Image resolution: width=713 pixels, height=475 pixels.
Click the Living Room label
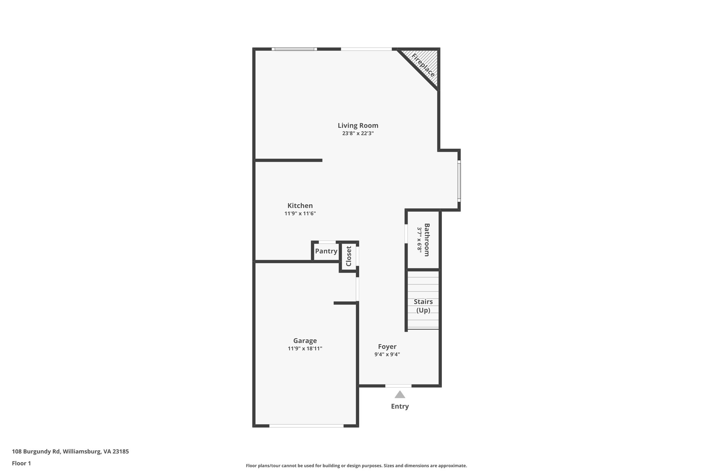coord(358,126)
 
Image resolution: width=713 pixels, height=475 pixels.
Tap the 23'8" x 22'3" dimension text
coord(358,133)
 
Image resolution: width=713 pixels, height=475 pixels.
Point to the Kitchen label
coord(300,206)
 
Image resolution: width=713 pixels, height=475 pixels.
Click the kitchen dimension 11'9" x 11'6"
coord(300,214)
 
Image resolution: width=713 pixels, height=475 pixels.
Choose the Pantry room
coord(326,251)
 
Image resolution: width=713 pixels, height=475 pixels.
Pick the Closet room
coord(348,256)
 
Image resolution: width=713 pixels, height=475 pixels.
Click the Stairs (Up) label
coord(423,306)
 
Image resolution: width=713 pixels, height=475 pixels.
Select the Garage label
coord(305,341)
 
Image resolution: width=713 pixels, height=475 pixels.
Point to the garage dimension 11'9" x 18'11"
coord(305,349)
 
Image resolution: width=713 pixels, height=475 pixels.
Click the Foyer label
coord(387,347)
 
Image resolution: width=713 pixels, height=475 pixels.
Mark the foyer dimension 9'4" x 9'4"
coord(387,355)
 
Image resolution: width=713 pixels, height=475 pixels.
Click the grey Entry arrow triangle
coord(400,395)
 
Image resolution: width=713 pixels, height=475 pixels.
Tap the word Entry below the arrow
coord(400,406)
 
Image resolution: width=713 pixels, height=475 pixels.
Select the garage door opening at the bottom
coord(306,426)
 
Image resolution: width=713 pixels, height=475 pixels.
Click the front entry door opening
coord(398,386)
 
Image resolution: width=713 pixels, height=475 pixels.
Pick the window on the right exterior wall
coord(459,181)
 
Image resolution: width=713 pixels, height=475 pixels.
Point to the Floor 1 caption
coord(21,463)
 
